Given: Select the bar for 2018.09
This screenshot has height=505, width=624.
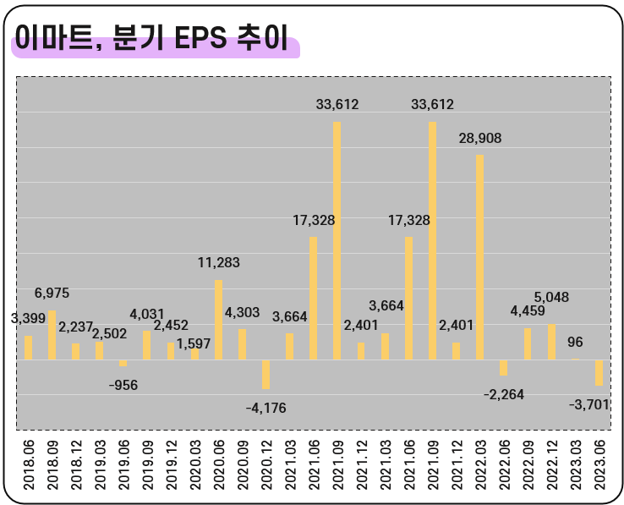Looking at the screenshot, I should (52, 335).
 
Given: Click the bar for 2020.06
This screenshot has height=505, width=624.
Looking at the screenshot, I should (218, 320).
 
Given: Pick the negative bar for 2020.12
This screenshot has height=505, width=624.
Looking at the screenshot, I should (265, 374).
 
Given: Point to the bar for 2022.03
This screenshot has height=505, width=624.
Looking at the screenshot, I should (480, 257).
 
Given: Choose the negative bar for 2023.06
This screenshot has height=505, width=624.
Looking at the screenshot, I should (599, 372).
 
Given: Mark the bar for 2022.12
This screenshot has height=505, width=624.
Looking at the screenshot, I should (552, 342).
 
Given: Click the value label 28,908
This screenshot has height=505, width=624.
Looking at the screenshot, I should (479, 138).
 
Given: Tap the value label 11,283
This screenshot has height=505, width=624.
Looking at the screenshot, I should (218, 263).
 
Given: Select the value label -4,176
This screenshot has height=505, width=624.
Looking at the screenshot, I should (265, 408).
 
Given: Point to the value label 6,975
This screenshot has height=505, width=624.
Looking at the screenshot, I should (52, 294).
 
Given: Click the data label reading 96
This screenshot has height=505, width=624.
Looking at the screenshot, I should (576, 343).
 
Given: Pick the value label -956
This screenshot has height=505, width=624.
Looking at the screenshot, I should (123, 385).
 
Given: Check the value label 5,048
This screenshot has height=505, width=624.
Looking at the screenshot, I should (551, 297).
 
